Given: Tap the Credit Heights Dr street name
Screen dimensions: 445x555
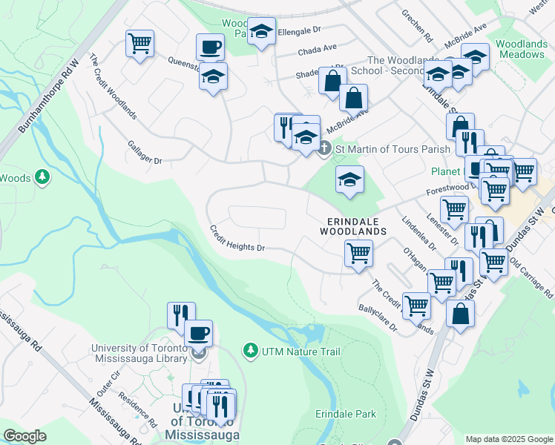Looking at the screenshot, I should (x=236, y=238).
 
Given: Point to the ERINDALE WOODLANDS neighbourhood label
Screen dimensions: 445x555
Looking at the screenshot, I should (x=353, y=226).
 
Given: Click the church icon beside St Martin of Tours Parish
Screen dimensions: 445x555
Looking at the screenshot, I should (x=324, y=149).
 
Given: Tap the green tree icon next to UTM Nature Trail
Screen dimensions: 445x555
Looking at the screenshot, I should (x=251, y=349).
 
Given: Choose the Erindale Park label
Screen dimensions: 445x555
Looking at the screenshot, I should (x=345, y=414).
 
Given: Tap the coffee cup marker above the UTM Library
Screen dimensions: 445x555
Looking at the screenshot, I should (x=198, y=333).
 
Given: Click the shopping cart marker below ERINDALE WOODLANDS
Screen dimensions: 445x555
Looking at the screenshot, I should (x=359, y=254).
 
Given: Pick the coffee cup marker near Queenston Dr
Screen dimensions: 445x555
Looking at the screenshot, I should (x=210, y=47).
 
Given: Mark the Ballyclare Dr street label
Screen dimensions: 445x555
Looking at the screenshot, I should (x=378, y=318).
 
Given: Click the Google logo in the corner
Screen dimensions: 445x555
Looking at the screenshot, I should (x=24, y=435).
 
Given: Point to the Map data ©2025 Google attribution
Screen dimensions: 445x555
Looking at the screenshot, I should (x=508, y=438).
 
